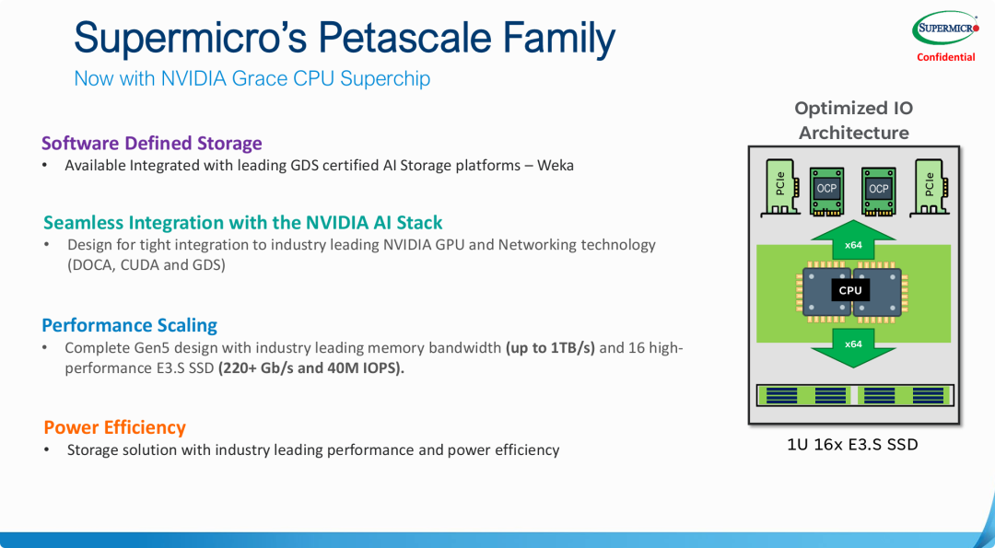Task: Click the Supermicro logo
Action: click(x=945, y=29)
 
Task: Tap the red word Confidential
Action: click(x=945, y=57)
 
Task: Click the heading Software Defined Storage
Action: click(x=152, y=144)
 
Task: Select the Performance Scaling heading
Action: click(x=130, y=325)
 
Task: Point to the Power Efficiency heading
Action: click(x=115, y=427)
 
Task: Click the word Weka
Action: click(x=556, y=166)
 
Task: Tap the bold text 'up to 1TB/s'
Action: click(x=550, y=348)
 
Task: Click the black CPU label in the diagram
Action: click(x=850, y=290)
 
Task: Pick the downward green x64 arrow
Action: click(x=853, y=347)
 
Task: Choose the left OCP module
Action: click(x=826, y=191)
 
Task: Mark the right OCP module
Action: click(x=879, y=191)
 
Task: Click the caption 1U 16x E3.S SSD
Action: click(x=852, y=445)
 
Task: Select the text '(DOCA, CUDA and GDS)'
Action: click(x=146, y=265)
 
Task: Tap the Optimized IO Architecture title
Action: click(x=853, y=121)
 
